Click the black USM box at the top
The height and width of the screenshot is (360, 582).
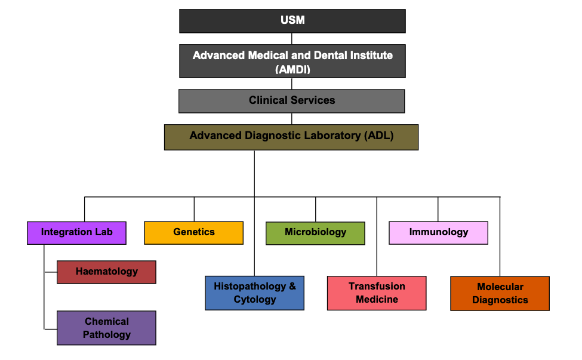(x=292, y=21)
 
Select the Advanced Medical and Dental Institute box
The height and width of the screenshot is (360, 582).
(x=292, y=61)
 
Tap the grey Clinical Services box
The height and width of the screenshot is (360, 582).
(x=292, y=101)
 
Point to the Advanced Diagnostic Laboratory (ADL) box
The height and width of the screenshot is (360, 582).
(x=291, y=137)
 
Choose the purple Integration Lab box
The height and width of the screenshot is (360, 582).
(x=76, y=233)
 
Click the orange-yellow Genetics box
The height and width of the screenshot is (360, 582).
(x=194, y=233)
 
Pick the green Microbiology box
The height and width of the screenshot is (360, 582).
(x=315, y=233)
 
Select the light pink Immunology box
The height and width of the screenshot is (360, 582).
(x=439, y=233)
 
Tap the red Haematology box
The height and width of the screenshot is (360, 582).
(x=106, y=272)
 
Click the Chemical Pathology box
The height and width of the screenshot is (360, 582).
(x=106, y=328)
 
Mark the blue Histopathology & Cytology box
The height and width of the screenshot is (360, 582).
(x=255, y=293)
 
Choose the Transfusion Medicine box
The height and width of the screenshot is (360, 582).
(x=377, y=293)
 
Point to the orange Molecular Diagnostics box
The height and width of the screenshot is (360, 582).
(x=500, y=294)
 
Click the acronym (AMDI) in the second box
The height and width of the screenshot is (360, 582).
(x=292, y=69)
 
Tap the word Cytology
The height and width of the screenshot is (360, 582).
(x=255, y=300)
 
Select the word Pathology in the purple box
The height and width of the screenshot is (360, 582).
(x=106, y=334)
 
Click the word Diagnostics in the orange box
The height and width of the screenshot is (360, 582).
(x=500, y=300)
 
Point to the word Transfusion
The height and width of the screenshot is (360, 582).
(x=377, y=287)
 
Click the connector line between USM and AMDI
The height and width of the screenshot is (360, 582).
(x=292, y=38)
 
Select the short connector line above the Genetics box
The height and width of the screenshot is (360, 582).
(x=194, y=209)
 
